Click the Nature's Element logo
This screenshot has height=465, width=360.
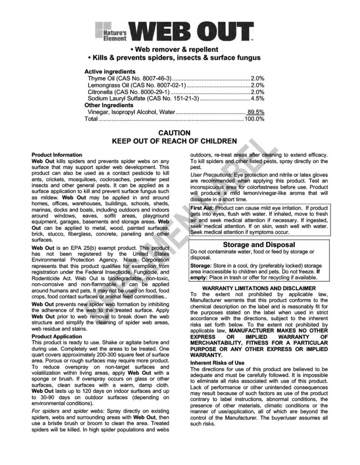coord(111,32)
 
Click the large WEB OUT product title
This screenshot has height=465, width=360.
coord(193,31)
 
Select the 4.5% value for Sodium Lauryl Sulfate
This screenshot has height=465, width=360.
coord(257,98)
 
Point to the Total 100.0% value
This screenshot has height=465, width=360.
coord(254,119)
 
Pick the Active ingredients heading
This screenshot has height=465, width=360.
coord(110,71)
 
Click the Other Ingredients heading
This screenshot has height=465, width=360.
coord(109,105)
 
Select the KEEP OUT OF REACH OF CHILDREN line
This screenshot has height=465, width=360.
coord(174,141)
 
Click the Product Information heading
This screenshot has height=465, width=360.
coord(57,155)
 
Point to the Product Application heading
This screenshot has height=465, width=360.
coord(57,337)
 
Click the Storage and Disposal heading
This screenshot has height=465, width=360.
coord(259,245)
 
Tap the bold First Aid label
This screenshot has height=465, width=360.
coord(202,208)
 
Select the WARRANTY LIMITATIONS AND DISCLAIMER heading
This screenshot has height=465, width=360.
coord(259,288)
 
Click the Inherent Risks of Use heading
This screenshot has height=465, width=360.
coord(217,363)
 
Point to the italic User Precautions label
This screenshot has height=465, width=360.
coord(211,175)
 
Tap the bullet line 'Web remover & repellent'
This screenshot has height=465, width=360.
coord(174,49)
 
